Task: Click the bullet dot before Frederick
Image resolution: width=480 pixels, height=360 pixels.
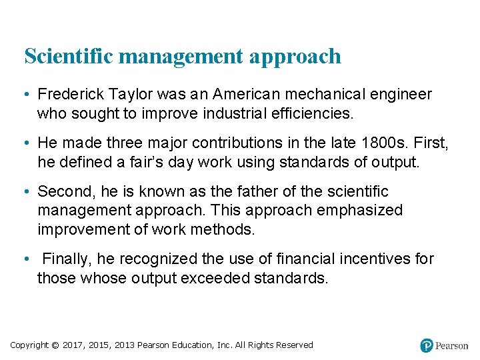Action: coord(27,95)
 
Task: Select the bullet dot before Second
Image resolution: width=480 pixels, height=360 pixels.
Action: coord(27,192)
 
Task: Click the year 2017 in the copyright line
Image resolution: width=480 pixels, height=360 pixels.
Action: coord(73,345)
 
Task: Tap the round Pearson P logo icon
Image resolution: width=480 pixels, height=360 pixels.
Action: coord(427,345)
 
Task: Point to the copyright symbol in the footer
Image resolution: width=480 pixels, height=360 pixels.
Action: coord(55,345)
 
